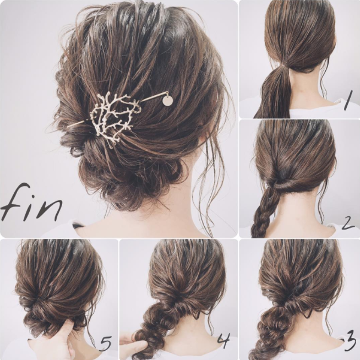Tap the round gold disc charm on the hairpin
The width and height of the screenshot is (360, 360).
[167, 101]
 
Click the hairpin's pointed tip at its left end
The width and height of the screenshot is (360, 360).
[68, 127]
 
